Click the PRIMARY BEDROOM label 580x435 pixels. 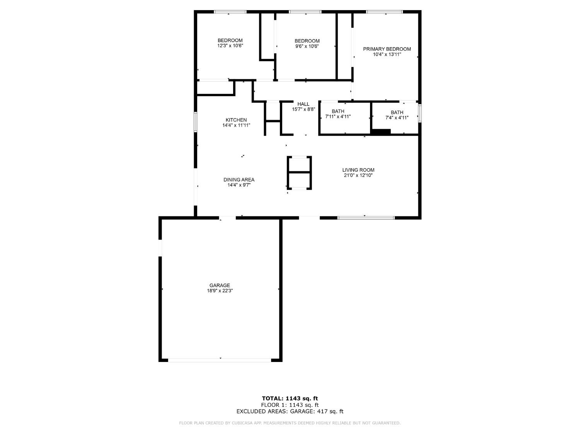tap(387, 49)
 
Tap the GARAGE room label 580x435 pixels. tap(220, 285)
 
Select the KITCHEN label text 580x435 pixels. tap(236, 120)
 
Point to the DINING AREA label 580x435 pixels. tap(239, 180)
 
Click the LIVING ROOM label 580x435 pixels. tap(358, 170)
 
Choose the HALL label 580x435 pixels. tap(303, 104)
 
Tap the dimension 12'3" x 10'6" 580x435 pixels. tap(230, 46)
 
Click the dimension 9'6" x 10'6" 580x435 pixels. tap(307, 46)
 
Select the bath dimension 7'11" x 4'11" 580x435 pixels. tap(338, 116)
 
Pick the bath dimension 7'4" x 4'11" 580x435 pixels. tap(397, 118)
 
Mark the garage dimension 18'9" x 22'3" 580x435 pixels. tap(220, 291)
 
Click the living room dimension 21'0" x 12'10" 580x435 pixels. tap(358, 176)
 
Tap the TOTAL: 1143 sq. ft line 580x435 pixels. tap(290, 398)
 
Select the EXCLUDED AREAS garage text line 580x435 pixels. tap(290, 411)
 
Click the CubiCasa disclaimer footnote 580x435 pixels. tap(290, 423)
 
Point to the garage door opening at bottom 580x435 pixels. tap(220, 360)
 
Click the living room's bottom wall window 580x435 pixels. tap(366, 218)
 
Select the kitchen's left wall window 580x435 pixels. tap(196, 122)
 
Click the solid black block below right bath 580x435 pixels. tap(381, 132)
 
